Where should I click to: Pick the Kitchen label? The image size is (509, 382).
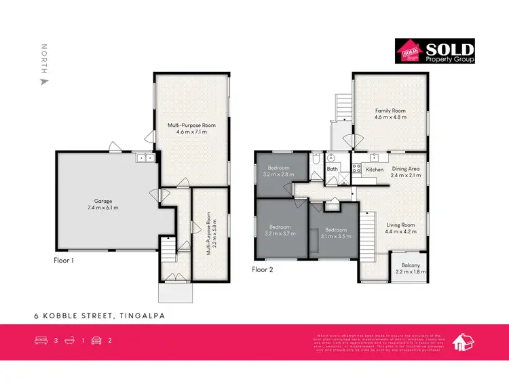(x=375, y=169)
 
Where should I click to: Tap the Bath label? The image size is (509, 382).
(x=333, y=169)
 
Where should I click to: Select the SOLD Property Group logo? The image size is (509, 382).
(x=435, y=51)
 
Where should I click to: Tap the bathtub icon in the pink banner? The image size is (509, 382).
(x=69, y=341)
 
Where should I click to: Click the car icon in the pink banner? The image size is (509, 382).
(x=96, y=341)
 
